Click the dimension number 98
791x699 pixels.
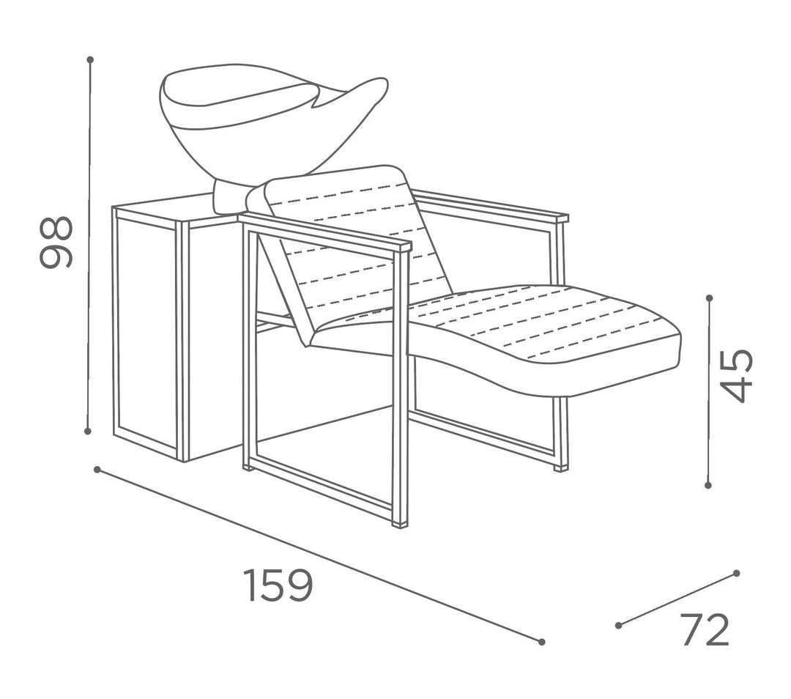click(56, 242)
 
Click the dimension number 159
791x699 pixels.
click(278, 585)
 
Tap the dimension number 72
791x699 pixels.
click(706, 630)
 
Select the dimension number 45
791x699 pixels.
click(737, 376)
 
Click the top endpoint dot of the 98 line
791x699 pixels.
click(90, 59)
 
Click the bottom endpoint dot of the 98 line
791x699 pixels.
click(88, 431)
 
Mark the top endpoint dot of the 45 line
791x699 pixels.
click(710, 298)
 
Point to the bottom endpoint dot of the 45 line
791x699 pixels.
click(708, 485)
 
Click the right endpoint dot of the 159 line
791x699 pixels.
click(542, 642)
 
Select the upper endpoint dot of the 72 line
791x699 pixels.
click(737, 573)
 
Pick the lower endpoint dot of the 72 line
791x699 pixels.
click(618, 625)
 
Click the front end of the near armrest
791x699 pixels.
click(403, 246)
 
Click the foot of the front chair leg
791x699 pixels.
click(401, 524)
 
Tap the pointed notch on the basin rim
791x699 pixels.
click(313, 106)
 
